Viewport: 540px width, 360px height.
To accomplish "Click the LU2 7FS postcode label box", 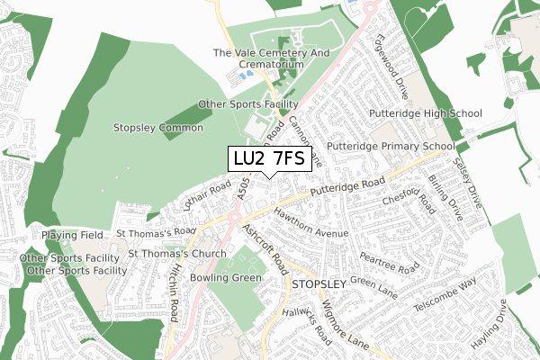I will (x=269, y=159).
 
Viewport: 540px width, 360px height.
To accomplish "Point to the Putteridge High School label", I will (x=426, y=113).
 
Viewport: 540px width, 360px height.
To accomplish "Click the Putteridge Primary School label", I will (x=390, y=146).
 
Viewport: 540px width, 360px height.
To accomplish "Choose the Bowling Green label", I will (x=225, y=278).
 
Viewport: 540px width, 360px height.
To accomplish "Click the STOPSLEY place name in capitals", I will (x=319, y=284).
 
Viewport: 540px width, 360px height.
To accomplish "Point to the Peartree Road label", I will (x=390, y=260).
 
